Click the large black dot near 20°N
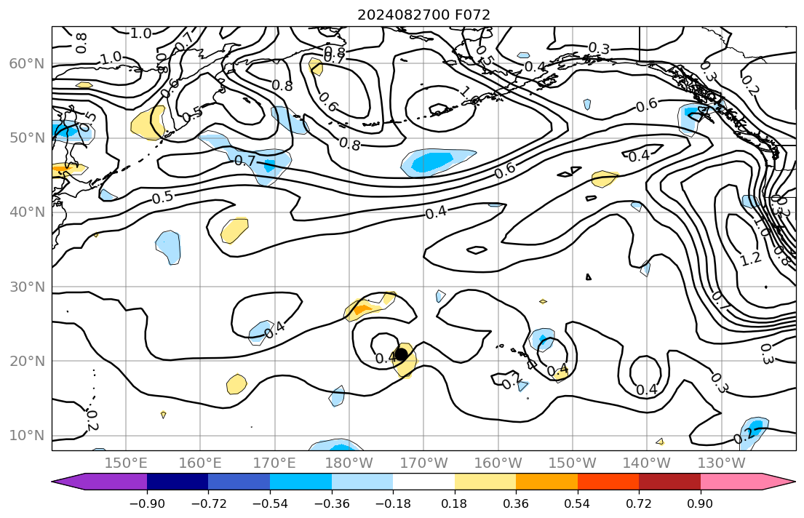click(400, 354)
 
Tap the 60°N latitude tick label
click(26, 64)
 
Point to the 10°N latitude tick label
click(26, 436)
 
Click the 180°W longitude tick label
click(349, 463)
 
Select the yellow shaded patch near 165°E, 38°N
click(234, 230)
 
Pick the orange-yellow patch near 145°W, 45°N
click(605, 178)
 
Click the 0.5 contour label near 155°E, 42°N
click(163, 197)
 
